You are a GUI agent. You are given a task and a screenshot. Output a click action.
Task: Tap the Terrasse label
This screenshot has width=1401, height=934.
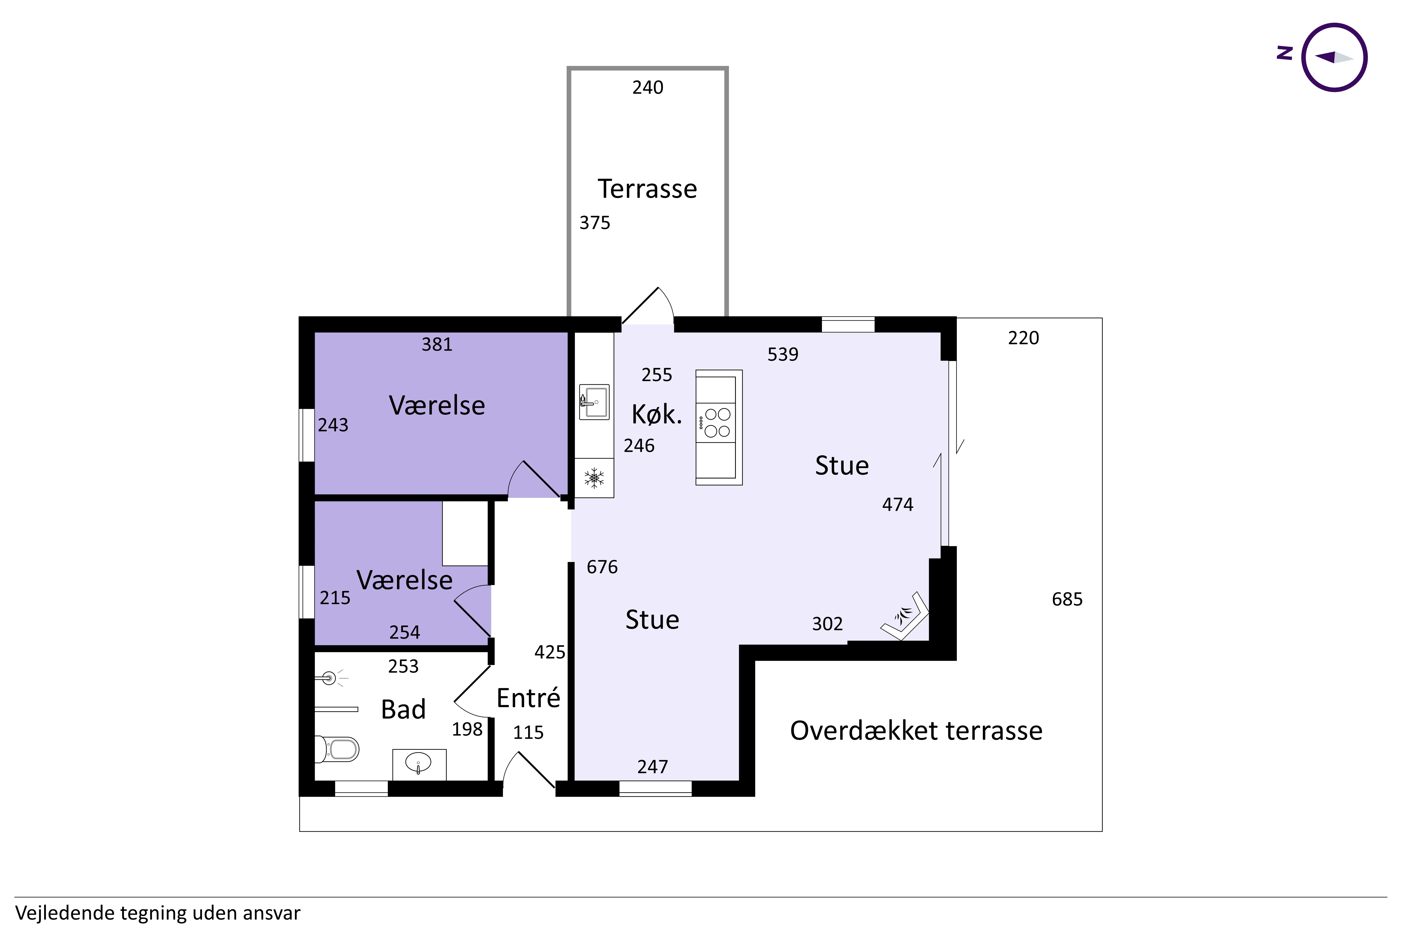coord(647,189)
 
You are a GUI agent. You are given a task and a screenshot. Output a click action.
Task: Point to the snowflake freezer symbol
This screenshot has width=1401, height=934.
coord(594,478)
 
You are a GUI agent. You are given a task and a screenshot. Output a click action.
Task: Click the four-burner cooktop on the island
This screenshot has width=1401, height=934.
coord(717,422)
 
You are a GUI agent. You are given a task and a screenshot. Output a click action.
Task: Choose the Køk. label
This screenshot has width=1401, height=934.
coord(656,414)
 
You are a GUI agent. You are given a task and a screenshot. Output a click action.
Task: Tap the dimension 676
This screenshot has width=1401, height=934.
coord(602,567)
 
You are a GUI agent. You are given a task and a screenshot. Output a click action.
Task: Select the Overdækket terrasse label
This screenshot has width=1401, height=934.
coord(916,731)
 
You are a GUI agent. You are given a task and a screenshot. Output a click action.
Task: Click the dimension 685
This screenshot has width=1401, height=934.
coord(1067,599)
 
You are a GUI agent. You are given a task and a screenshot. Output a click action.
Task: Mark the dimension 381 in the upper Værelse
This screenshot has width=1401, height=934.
coord(437,344)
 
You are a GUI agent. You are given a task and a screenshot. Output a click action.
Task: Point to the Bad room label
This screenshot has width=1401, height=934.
coord(403,709)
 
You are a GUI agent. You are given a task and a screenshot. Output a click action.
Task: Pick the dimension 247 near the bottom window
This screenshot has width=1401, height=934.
coord(653,767)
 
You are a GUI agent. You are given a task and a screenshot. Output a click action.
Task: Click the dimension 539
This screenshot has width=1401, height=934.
coord(783,354)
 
